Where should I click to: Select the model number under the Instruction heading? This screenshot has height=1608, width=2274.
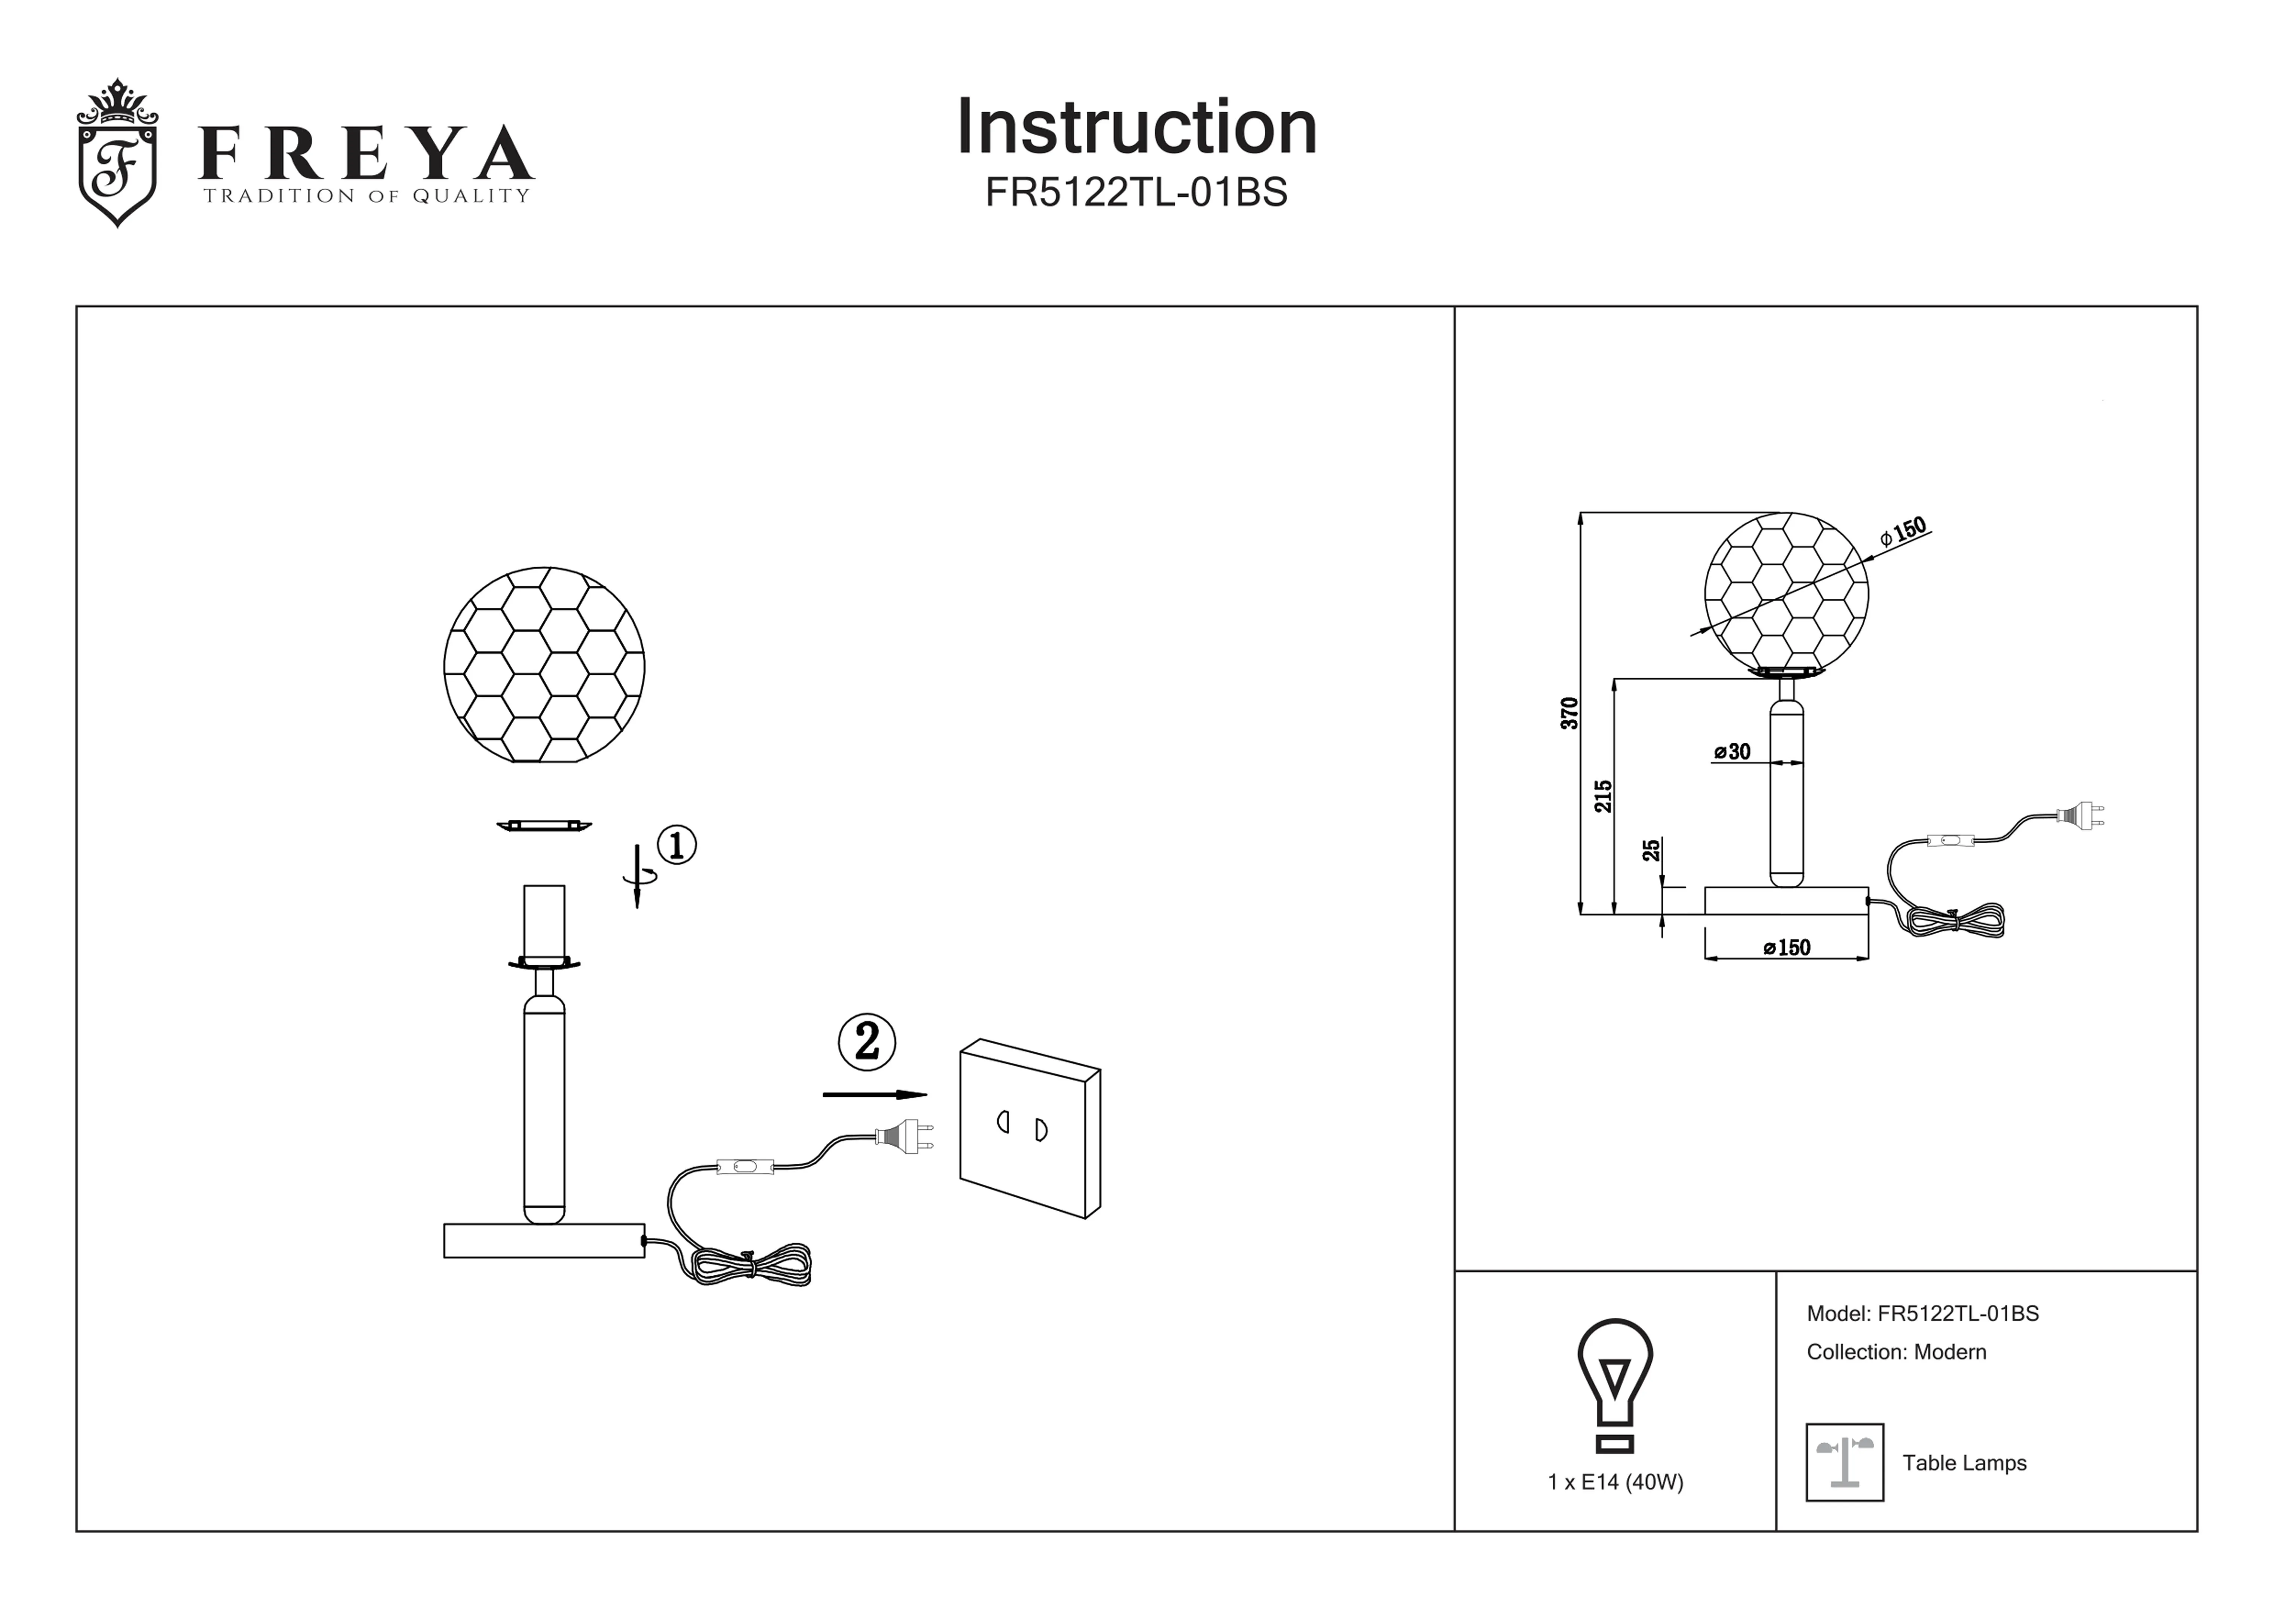pos(1136,192)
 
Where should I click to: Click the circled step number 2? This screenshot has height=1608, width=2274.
pos(866,1041)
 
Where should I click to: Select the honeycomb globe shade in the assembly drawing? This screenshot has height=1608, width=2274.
pos(544,665)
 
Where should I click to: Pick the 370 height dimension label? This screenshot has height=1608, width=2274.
pos(1569,713)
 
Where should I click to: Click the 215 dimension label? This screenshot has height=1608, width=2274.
pos(1602,796)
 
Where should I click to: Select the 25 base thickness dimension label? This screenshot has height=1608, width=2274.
pos(1651,850)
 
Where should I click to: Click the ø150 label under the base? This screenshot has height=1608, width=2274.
pos(1787,948)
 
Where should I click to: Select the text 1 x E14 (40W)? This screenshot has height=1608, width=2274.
pos(1615,1482)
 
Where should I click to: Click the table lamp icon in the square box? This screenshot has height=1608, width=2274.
pos(1844,1463)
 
